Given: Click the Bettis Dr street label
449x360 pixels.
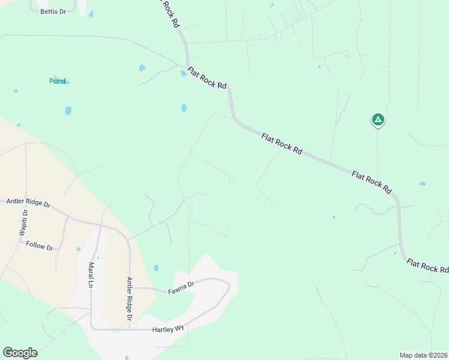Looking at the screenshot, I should (53, 11).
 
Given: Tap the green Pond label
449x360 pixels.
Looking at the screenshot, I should (58, 81).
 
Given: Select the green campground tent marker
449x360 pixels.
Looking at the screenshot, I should (378, 120).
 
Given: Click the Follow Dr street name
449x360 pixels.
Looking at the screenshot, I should (40, 245).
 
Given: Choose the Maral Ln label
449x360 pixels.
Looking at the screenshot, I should (91, 275).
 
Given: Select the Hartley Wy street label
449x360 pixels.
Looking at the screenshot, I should (167, 329).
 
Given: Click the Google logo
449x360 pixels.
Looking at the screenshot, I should (20, 353).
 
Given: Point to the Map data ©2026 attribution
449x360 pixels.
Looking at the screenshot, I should (424, 355).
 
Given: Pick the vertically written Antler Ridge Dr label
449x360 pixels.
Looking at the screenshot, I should (129, 298).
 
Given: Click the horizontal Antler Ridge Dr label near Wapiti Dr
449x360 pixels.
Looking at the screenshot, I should (28, 202).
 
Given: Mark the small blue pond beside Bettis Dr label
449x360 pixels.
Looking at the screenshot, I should (91, 14).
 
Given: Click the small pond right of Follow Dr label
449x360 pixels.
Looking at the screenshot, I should (78, 248).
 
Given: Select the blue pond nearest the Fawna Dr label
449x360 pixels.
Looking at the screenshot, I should (156, 268).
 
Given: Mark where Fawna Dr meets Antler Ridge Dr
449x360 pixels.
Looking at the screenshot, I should (130, 288).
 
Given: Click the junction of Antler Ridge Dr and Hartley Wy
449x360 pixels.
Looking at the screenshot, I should (130, 329).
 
